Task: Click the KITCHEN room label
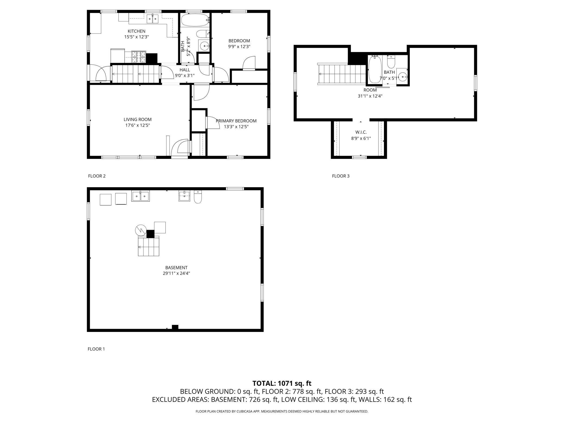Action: click(136, 31)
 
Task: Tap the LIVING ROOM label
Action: click(137, 119)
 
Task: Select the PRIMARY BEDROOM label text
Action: click(236, 121)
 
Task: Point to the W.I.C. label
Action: click(361, 132)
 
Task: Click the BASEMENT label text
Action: click(176, 268)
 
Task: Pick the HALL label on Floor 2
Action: click(185, 70)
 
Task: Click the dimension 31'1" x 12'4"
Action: click(370, 96)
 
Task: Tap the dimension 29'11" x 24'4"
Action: click(176, 273)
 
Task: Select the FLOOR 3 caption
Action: click(341, 176)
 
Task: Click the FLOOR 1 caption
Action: click(96, 349)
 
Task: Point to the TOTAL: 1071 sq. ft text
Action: click(282, 383)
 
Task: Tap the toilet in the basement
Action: click(198, 197)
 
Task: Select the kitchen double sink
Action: click(152, 19)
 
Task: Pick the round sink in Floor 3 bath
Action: click(403, 77)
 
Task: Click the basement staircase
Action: click(149, 246)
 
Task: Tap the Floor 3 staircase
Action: click(342, 74)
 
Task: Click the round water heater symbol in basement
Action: click(141, 230)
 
